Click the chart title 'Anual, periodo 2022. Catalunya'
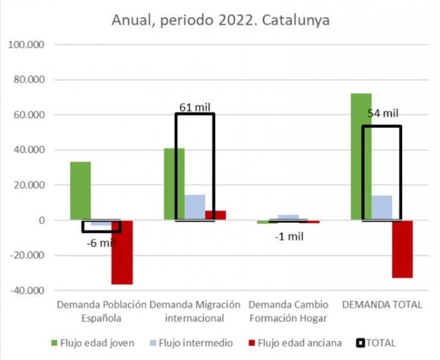pyautogui.click(x=221, y=20)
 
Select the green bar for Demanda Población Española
pyautogui.click(x=80, y=191)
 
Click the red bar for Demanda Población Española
pyautogui.click(x=122, y=252)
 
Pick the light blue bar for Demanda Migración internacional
pyautogui.click(x=195, y=207)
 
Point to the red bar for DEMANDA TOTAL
pyautogui.click(x=402, y=249)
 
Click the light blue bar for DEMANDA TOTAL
pyautogui.click(x=382, y=208)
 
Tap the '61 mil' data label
pyautogui.click(x=195, y=107)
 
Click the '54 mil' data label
pyautogui.click(x=382, y=113)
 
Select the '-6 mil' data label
pyautogui.click(x=100, y=242)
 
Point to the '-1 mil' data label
pyautogui.click(x=288, y=236)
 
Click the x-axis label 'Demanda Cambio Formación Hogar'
pyautogui.click(x=288, y=311)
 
